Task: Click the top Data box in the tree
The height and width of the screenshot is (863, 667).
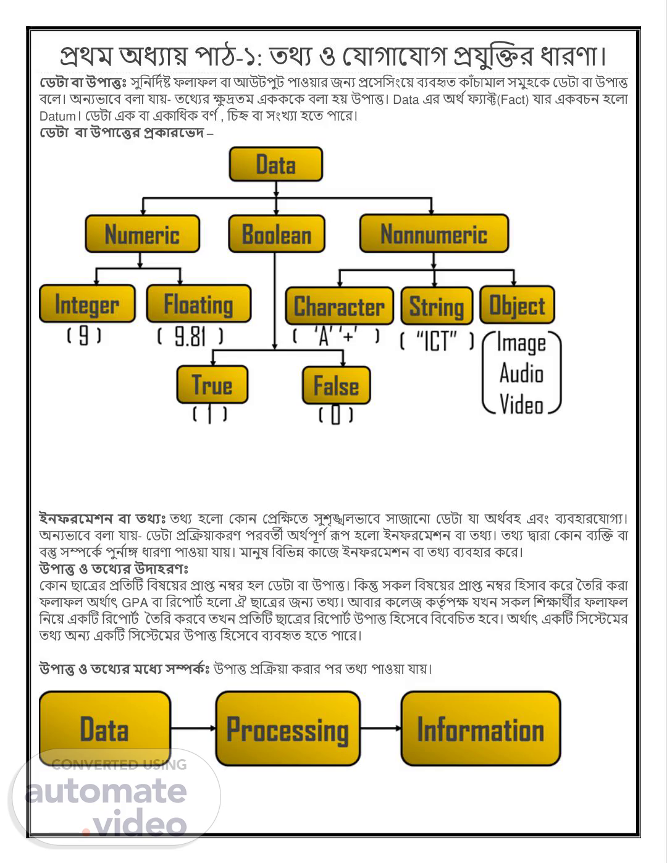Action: click(x=275, y=164)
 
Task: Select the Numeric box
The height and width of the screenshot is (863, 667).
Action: click(x=142, y=234)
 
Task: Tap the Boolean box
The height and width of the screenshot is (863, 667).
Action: click(x=276, y=234)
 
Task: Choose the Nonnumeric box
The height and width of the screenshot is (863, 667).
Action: click(x=434, y=234)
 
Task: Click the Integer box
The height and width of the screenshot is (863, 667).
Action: click(x=87, y=304)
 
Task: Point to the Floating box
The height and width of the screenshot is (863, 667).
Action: click(x=198, y=304)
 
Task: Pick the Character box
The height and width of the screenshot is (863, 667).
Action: click(x=339, y=306)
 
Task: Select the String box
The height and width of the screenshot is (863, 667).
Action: click(x=437, y=306)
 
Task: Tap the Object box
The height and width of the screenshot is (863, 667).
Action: click(x=517, y=305)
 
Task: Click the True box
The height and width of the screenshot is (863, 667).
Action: click(x=212, y=385)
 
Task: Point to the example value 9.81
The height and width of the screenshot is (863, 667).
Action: click(x=190, y=337)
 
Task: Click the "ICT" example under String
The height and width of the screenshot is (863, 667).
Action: click(x=437, y=341)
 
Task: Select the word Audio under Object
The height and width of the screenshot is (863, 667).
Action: click(x=521, y=374)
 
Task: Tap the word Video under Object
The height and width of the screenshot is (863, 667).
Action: click(x=521, y=405)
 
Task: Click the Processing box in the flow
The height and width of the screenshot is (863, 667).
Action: click(x=288, y=729)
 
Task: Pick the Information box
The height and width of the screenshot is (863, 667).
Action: click(x=480, y=729)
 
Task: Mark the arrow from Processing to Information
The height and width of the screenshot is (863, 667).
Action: click(x=380, y=728)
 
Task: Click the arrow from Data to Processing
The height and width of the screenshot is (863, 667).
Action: click(x=193, y=728)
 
